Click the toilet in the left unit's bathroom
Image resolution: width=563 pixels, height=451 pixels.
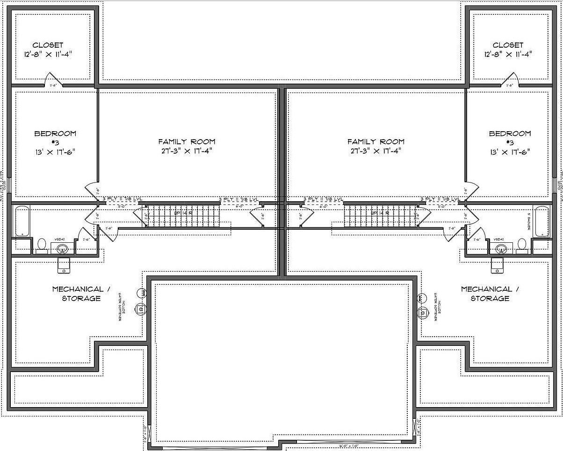click(42, 245)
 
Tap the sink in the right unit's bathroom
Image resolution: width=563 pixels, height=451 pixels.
click(501, 249)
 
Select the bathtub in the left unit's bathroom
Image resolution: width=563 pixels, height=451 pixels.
click(22, 221)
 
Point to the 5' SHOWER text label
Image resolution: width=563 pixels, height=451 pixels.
click(529, 221)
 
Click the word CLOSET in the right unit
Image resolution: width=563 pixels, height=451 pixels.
click(508, 45)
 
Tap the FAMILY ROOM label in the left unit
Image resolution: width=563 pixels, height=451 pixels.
click(187, 141)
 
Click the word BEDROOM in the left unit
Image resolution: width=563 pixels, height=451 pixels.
click(55, 134)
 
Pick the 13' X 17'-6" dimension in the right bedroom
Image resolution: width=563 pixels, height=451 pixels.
click(510, 152)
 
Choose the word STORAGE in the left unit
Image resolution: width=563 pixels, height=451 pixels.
click(81, 298)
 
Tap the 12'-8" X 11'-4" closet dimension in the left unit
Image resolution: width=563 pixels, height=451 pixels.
click(48, 54)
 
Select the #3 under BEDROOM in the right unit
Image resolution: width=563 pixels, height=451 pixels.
click(510, 142)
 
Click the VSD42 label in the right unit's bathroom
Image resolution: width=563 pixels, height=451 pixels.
click(499, 240)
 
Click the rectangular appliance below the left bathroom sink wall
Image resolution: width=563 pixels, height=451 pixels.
click(64, 265)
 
